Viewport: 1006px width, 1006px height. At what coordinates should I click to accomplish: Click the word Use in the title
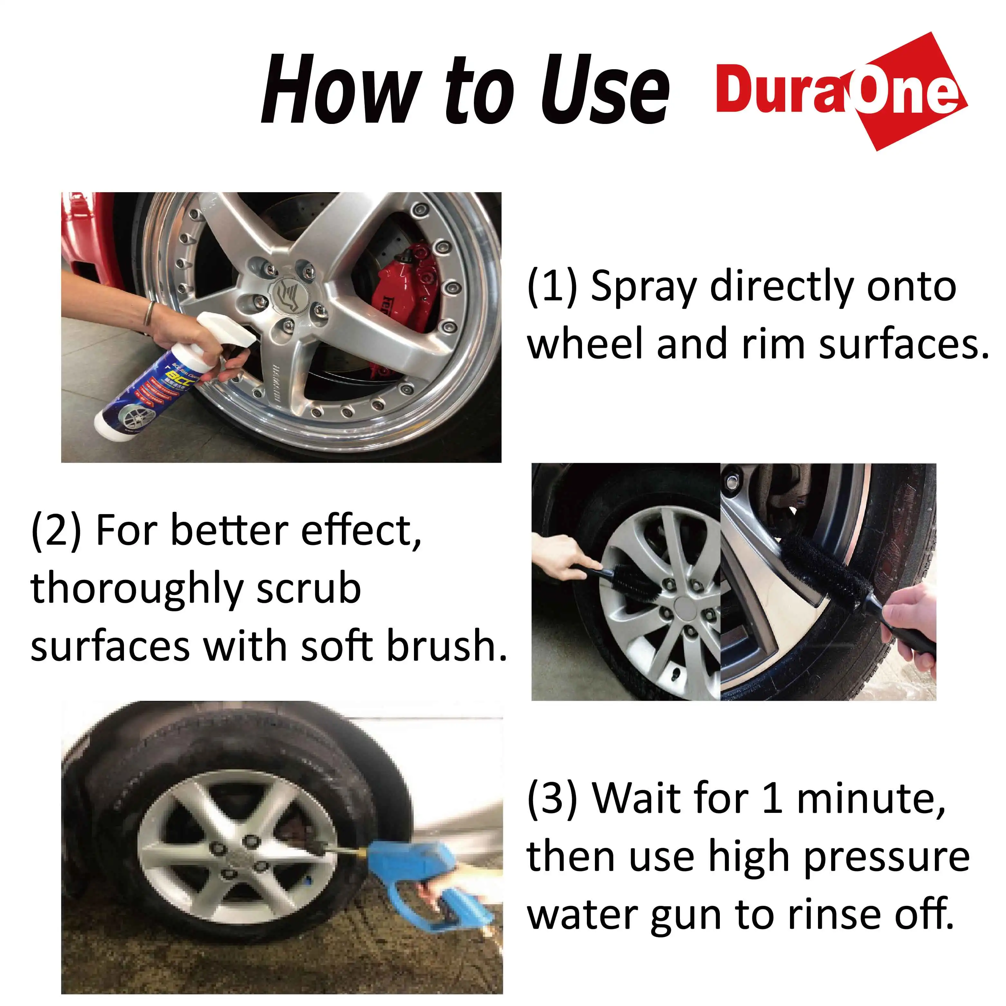604,91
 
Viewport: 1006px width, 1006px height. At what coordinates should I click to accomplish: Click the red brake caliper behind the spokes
407,292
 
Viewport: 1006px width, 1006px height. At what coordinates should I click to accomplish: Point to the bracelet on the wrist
149,312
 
